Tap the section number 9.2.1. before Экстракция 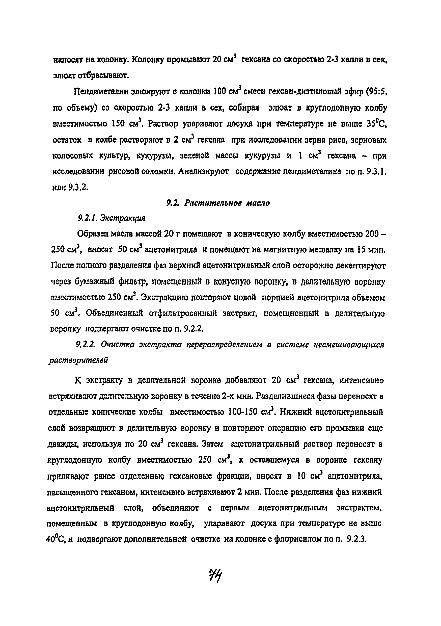pyautogui.click(x=87, y=218)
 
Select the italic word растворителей pyautogui.click(x=78, y=360)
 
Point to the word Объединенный pyautogui.click(x=114, y=314)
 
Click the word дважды pyautogui.click(x=63, y=445)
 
